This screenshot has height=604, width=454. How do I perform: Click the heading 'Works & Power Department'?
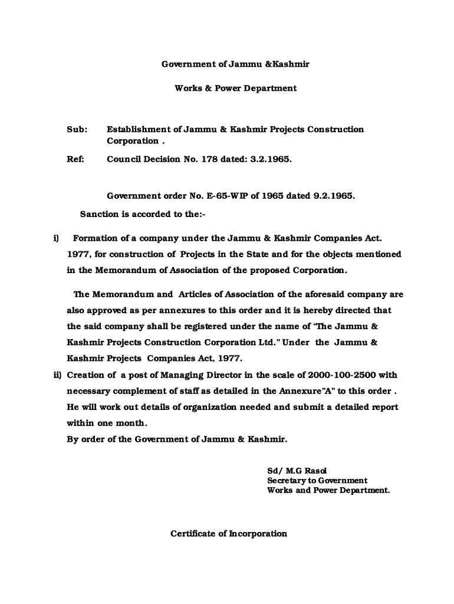tap(235, 88)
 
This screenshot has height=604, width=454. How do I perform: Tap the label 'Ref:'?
tap(75, 159)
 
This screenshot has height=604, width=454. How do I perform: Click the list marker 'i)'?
tap(55, 238)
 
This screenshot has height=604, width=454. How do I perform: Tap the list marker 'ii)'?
tap(57, 375)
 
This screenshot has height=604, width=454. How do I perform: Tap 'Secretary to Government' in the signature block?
tap(317, 480)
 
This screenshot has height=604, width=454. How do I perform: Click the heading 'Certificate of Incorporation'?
tap(229, 534)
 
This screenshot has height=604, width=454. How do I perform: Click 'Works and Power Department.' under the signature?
tap(328, 490)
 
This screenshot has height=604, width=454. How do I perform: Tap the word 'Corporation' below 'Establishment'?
tap(133, 141)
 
